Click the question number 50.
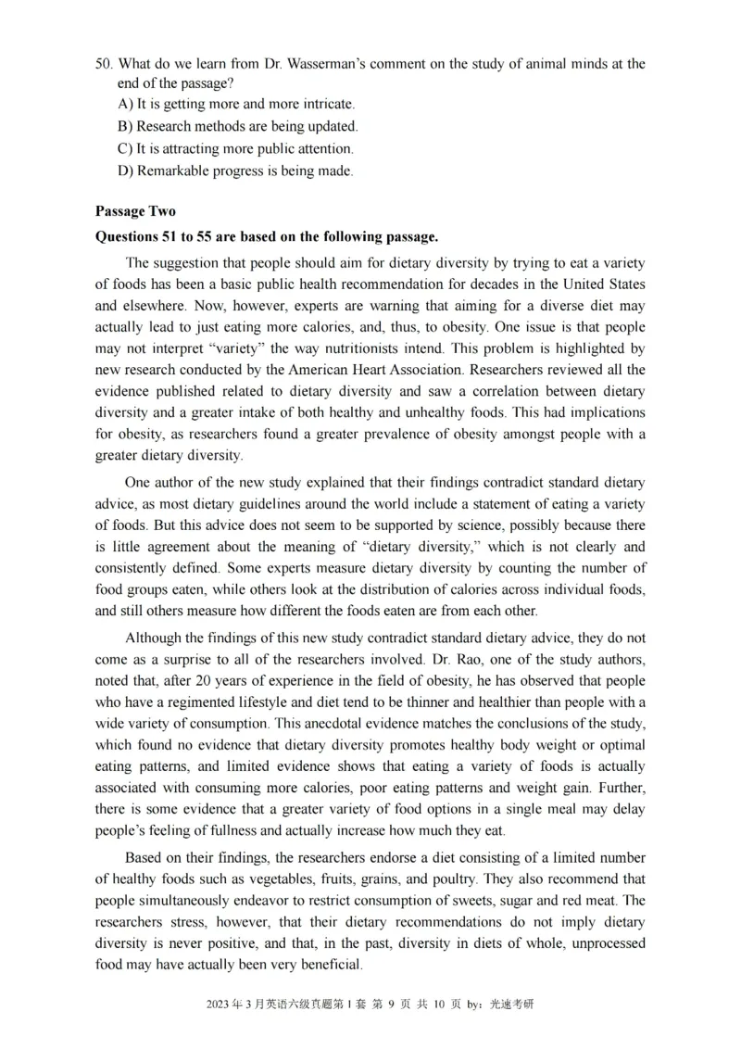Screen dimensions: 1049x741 (x=104, y=64)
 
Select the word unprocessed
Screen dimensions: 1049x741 (x=599, y=942)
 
